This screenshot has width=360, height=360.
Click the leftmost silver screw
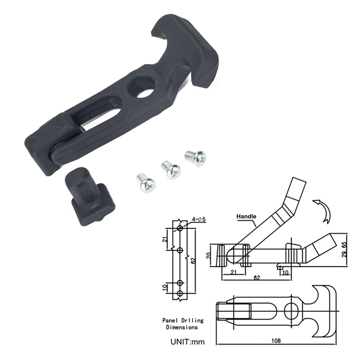coord(146,182)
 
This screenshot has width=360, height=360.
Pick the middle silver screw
coord(171,170)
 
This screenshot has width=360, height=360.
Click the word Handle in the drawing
coord(247,216)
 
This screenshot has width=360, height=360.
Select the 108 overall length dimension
coord(276,341)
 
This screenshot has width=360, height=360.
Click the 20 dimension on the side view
coord(215,255)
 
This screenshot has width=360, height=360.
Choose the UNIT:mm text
coord(187,342)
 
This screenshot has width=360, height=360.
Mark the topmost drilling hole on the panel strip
coord(180,229)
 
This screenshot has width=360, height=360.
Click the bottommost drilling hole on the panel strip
coord(180,293)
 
